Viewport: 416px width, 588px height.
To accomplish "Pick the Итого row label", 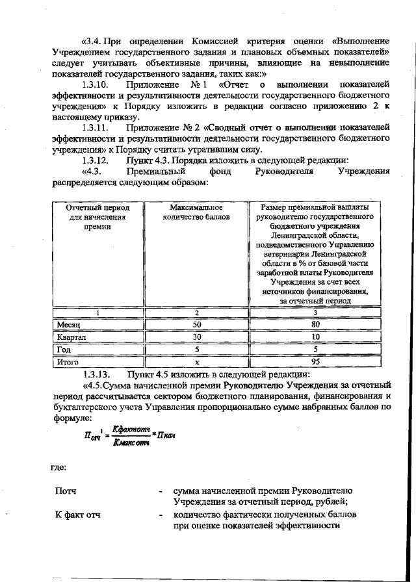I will [68, 362].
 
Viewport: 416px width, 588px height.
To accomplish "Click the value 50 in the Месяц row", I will [197, 324].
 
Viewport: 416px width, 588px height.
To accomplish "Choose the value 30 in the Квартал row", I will [197, 337].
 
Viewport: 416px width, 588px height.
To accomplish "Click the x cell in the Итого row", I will [197, 362].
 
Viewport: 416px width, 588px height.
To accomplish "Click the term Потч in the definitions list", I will [66, 491].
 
